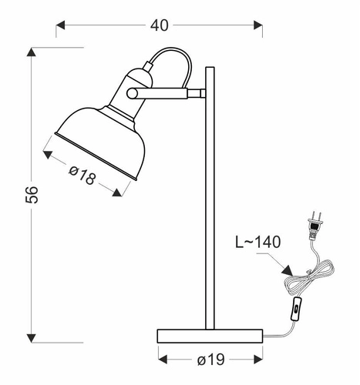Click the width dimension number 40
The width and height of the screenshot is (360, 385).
159,25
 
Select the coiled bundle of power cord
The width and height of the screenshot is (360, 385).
315,277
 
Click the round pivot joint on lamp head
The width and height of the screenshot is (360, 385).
133,93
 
